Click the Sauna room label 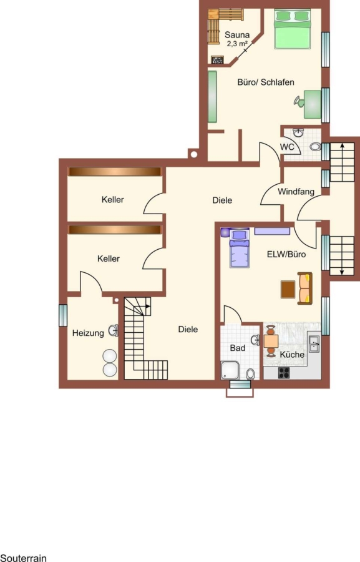tap(236, 35)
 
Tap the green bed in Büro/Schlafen tap(292, 29)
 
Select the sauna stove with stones tap(217, 60)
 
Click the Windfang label tap(296, 192)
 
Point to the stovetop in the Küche tap(284, 373)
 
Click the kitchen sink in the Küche tap(314, 343)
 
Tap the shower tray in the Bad tap(230, 370)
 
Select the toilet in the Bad tap(251, 374)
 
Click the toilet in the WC tap(315, 147)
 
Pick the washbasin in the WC tap(298, 132)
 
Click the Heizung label tap(88, 333)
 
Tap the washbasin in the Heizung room tap(113, 330)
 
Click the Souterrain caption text tap(23, 558)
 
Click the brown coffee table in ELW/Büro tap(288, 289)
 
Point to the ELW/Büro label tap(286, 254)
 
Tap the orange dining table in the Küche tap(271, 341)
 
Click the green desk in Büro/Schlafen tap(313, 104)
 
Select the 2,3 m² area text tap(236, 44)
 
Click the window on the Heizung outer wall tap(63, 315)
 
